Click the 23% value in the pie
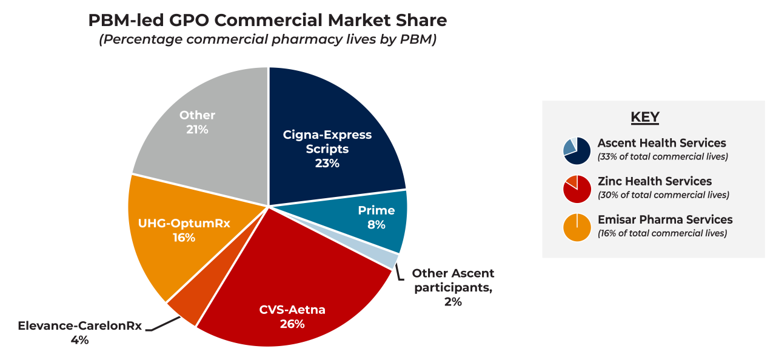(327, 163)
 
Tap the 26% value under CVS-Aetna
(292, 324)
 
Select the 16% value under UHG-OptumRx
(184, 238)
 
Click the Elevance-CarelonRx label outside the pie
(79, 325)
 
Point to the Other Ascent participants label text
(453, 281)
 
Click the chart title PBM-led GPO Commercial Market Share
(267, 20)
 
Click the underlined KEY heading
(645, 117)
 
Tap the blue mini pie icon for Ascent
(577, 150)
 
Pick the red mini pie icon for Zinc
(577, 189)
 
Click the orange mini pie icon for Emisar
(577, 227)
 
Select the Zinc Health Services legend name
(654, 181)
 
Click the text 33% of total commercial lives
(663, 157)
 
